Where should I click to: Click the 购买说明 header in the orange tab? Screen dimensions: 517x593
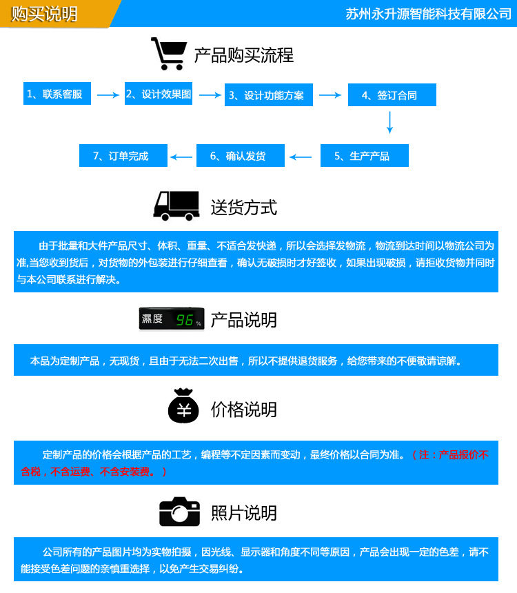point(44,14)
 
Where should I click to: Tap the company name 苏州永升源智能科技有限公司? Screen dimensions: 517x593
point(428,14)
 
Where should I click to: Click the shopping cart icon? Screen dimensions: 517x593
point(169,54)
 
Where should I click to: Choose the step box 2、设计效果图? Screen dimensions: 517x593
point(159,94)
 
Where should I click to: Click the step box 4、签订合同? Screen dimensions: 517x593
point(392,95)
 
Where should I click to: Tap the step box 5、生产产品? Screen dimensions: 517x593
point(364,156)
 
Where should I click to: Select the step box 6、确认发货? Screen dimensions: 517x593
point(241,156)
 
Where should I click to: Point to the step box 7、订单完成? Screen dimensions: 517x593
point(123,156)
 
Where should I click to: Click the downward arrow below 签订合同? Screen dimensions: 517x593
point(390,122)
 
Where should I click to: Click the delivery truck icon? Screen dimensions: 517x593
point(176,205)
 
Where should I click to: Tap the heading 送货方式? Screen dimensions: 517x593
point(244,207)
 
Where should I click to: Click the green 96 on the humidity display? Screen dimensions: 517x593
point(185,320)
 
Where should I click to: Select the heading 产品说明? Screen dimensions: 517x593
point(244,320)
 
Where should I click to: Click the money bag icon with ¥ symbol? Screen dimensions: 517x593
point(183,407)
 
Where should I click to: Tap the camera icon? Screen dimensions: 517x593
point(179,512)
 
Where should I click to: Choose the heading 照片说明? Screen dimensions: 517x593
point(244,513)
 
